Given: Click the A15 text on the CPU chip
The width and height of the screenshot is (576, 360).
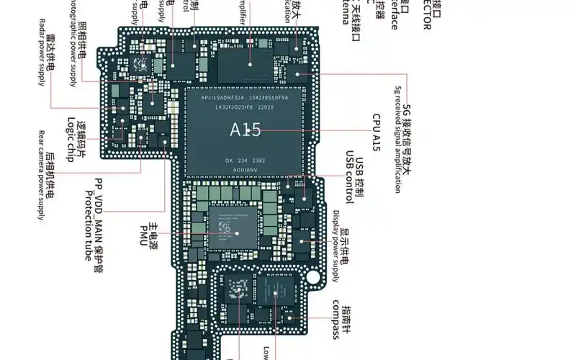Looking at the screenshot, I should point(245,130).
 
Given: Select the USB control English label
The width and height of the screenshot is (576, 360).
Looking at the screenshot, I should point(348,178).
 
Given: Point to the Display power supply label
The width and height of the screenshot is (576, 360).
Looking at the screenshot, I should point(336,245).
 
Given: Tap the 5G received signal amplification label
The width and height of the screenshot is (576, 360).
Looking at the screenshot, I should point(397,140).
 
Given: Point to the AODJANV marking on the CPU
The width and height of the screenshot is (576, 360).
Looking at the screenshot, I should point(246,167).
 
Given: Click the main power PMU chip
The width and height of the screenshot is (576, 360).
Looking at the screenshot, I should point(230,230).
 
